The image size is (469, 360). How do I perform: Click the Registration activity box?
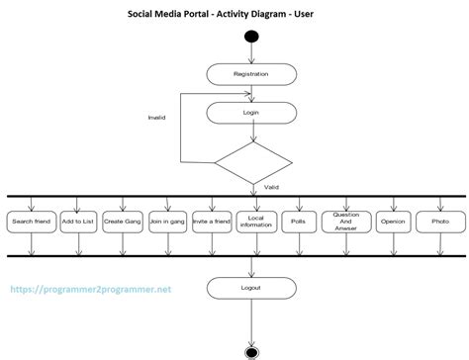pos(250,74)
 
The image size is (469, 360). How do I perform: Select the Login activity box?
pos(250,113)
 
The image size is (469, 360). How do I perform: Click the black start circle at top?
pos(251,39)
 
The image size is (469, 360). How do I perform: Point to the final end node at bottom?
pos(252,350)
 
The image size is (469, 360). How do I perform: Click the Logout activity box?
pos(250,288)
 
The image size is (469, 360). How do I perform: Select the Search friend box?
pos(31,223)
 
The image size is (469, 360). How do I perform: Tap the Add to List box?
pos(78,223)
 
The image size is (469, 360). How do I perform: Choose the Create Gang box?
pos(123,223)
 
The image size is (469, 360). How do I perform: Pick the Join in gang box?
pos(167,223)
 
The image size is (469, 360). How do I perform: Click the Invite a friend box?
pos(212,223)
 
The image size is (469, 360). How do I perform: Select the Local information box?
pos(256,223)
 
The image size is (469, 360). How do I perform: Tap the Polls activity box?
pos(298,223)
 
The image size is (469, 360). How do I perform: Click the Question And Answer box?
pos(345,223)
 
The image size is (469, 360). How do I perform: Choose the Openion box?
pos(393,223)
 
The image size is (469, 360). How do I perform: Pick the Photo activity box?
pos(439,223)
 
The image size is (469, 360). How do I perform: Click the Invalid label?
pos(157,118)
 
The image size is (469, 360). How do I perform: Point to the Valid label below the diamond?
pos(271,185)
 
